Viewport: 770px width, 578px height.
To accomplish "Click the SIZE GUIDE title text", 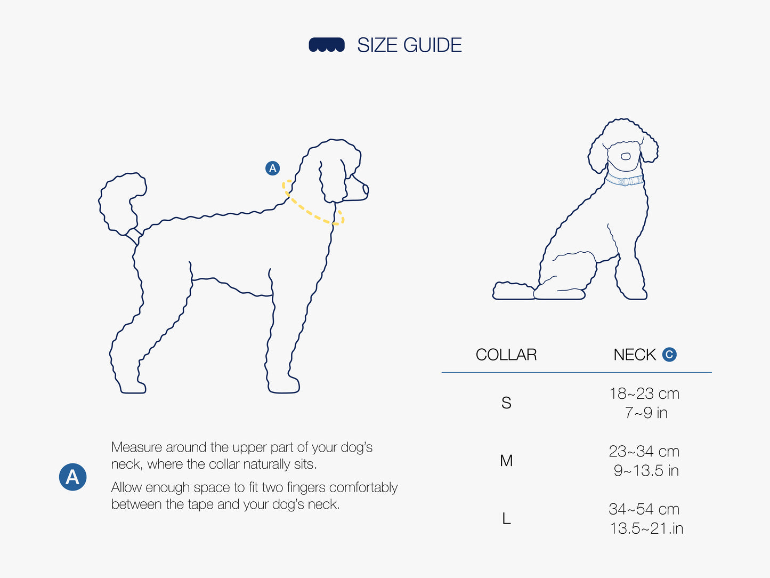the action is tap(409, 45).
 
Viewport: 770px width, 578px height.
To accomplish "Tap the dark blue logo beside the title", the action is tap(327, 45).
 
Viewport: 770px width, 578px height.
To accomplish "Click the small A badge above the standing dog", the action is tap(273, 168).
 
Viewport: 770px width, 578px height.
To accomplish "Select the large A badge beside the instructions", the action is tap(72, 477).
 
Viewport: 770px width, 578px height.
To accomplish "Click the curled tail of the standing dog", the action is tap(121, 204).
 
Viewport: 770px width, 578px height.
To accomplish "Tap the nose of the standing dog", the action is tap(366, 190).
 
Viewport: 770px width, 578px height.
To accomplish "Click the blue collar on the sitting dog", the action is tap(625, 180).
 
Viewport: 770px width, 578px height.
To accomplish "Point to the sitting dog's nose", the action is tap(626, 156).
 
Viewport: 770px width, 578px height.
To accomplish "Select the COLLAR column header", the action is tap(506, 355).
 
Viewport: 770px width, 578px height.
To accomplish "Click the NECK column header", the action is tap(635, 355).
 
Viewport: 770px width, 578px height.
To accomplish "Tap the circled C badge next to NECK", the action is tap(669, 355).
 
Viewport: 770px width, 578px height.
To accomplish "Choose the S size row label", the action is tap(506, 403).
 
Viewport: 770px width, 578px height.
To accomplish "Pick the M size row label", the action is tap(506, 461).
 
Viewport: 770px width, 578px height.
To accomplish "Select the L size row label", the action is tap(506, 518).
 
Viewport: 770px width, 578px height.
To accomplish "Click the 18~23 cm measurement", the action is tap(644, 394).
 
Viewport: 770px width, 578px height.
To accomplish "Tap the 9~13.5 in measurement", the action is tap(646, 471).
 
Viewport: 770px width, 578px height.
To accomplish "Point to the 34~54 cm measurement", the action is tap(644, 509).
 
